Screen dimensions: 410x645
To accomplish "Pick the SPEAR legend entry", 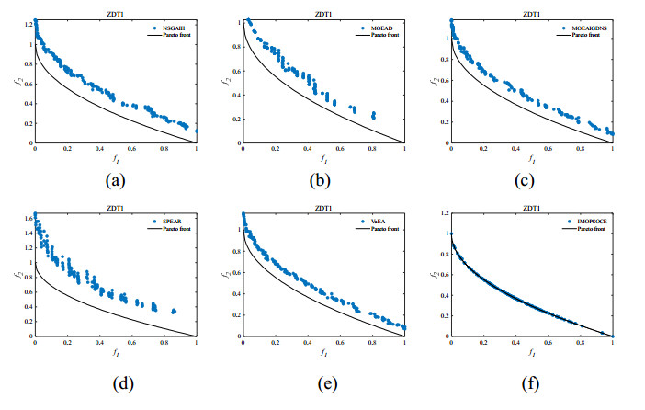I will [x=170, y=222].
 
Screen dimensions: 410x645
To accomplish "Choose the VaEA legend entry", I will [x=377, y=222].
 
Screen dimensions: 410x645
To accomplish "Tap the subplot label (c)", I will [x=531, y=179].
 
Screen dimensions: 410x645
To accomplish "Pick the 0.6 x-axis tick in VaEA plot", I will [x=340, y=344].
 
